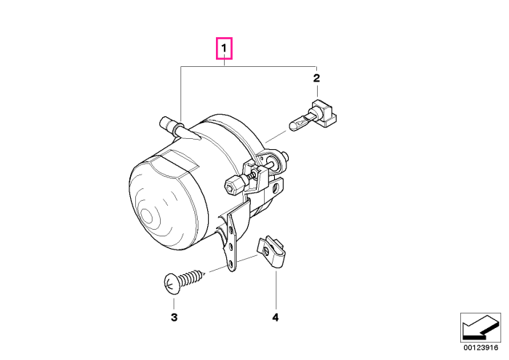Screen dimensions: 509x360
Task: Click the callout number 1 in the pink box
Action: (x=224, y=49)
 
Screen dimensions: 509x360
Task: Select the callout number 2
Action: (x=316, y=78)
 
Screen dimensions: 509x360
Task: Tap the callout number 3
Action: (x=174, y=317)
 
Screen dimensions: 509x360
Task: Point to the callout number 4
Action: (x=276, y=317)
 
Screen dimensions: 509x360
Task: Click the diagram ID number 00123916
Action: (x=481, y=348)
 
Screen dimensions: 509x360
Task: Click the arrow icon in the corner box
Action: (x=481, y=327)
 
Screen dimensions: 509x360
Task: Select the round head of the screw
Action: (x=172, y=284)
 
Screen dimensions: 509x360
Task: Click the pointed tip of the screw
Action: (x=204, y=274)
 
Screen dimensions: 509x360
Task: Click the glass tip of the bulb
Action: (x=294, y=125)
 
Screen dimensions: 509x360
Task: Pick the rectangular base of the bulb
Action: (x=324, y=113)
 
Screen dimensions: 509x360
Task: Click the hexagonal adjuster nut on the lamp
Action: (x=233, y=185)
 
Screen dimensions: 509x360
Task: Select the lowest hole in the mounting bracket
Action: (x=231, y=263)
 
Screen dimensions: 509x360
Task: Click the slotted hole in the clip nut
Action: (x=267, y=251)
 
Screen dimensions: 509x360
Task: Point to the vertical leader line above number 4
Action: (x=276, y=290)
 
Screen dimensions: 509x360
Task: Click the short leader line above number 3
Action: (x=174, y=303)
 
